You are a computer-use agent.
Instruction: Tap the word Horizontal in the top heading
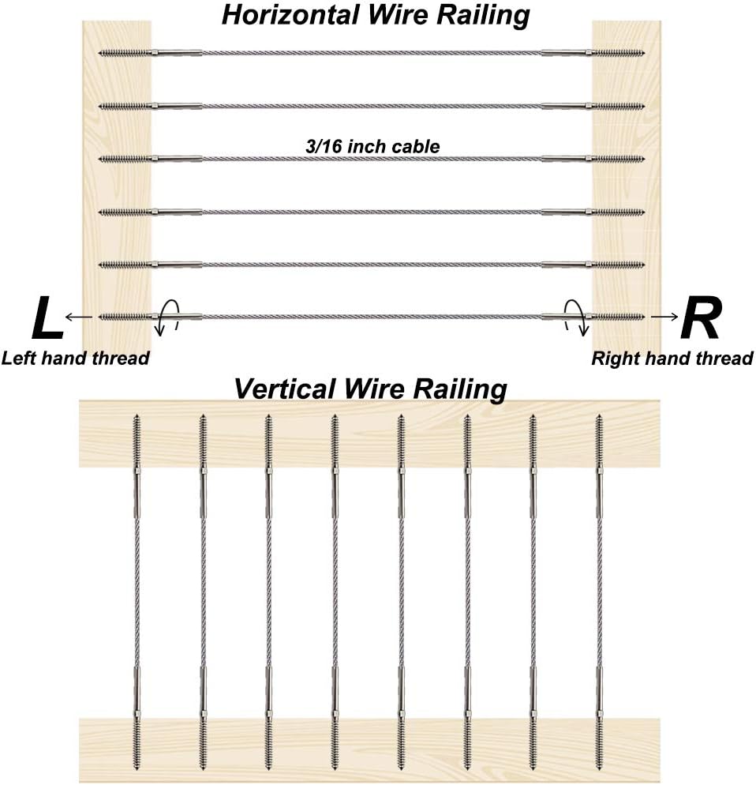pyautogui.click(x=290, y=14)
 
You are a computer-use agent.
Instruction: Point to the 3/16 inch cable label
pyautogui.click(x=372, y=146)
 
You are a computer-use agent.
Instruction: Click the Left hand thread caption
pyautogui.click(x=76, y=358)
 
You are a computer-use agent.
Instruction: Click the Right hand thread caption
pyautogui.click(x=672, y=358)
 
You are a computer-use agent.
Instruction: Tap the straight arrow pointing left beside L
pyautogui.click(x=79, y=317)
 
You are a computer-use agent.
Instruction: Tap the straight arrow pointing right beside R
pyautogui.click(x=664, y=317)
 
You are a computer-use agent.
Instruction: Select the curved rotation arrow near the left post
pyautogui.click(x=167, y=317)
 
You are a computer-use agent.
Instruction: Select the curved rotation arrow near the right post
pyautogui.click(x=575, y=317)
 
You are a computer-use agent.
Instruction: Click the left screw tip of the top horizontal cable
pyautogui.click(x=99, y=53)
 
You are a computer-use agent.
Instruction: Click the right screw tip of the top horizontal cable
pyautogui.click(x=644, y=53)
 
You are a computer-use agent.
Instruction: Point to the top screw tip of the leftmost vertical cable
pyautogui.click(x=137, y=415)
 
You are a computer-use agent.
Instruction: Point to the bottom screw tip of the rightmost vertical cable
pyautogui.click(x=599, y=769)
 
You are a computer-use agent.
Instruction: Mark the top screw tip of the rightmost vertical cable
pyautogui.click(x=599, y=415)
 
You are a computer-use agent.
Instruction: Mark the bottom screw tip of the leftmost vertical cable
pyautogui.click(x=137, y=769)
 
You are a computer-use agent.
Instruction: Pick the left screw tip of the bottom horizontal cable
pyautogui.click(x=99, y=317)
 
